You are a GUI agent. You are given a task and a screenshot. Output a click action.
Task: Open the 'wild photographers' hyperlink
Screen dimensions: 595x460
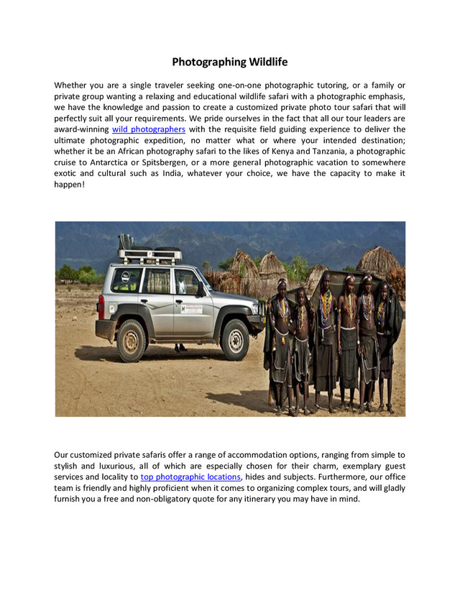[x=149, y=129]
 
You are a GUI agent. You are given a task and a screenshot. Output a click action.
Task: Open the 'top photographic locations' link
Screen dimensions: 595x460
[x=190, y=476]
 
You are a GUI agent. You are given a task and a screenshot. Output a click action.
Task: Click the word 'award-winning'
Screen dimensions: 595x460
[x=81, y=129]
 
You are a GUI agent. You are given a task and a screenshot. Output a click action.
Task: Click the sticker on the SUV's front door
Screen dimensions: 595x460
[x=190, y=308]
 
